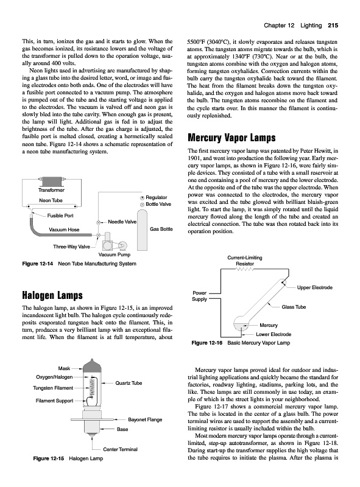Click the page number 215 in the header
(x=333, y=26)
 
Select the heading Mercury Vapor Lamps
(x=231, y=138)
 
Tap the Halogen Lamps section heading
(x=52, y=295)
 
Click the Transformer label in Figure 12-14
(x=51, y=190)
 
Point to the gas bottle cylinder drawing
(x=143, y=230)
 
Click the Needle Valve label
(x=122, y=222)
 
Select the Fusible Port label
(x=60, y=215)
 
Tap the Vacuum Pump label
(x=115, y=254)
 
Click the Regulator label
(x=157, y=197)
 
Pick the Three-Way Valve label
(x=71, y=247)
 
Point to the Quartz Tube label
(x=129, y=383)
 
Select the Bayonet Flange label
(x=145, y=419)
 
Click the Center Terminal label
(x=121, y=449)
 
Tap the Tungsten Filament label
(x=53, y=388)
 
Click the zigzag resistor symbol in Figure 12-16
(x=245, y=269)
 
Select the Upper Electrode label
(x=314, y=287)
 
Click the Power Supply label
(x=200, y=296)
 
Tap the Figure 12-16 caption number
(x=207, y=343)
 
